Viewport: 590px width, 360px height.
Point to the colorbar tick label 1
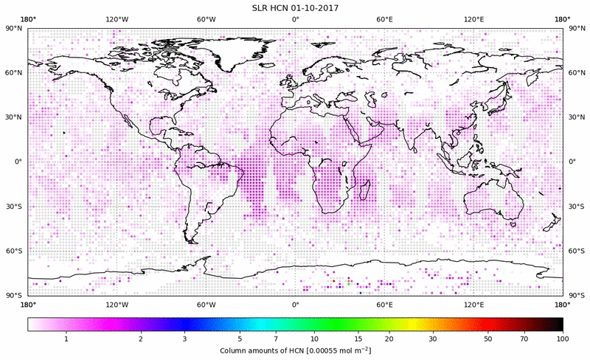[x=66, y=338]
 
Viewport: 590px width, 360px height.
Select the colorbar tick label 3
[x=185, y=338]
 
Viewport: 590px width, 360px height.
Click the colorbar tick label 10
[x=314, y=338]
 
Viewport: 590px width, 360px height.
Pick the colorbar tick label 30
[x=434, y=338]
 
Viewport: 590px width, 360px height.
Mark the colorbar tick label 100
[x=563, y=338]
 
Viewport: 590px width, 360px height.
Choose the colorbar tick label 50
[x=488, y=338]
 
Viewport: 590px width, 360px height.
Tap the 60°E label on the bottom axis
[x=384, y=305]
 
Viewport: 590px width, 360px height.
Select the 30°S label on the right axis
[x=576, y=207]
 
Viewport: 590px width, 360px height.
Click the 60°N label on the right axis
[x=576, y=73]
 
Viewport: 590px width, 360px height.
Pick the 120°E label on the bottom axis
[x=473, y=305]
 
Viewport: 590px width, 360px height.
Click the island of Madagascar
[x=363, y=190]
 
